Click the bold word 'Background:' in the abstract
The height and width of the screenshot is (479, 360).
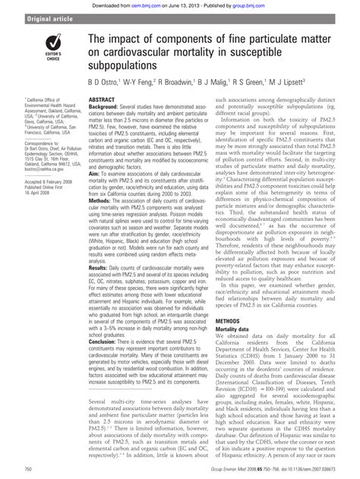coord(106,107)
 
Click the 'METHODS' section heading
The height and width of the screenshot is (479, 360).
coord(230,342)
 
